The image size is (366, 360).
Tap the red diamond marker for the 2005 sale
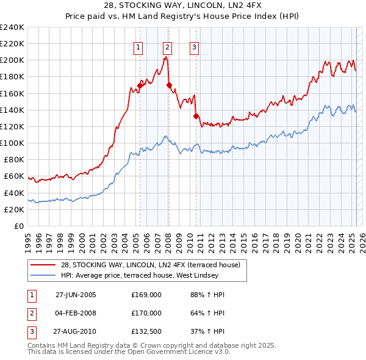pos(140,86)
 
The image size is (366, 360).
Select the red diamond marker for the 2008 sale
pos(169,85)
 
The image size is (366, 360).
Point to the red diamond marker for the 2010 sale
pos(196,116)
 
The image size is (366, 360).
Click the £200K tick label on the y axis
pos(12,60)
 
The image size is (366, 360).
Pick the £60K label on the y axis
pos(14,176)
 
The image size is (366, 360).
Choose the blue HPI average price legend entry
pos(152,275)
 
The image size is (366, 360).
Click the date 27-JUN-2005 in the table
pos(76,295)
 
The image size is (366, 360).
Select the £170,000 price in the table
pos(146,313)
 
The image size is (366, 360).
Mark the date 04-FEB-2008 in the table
pos(76,313)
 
